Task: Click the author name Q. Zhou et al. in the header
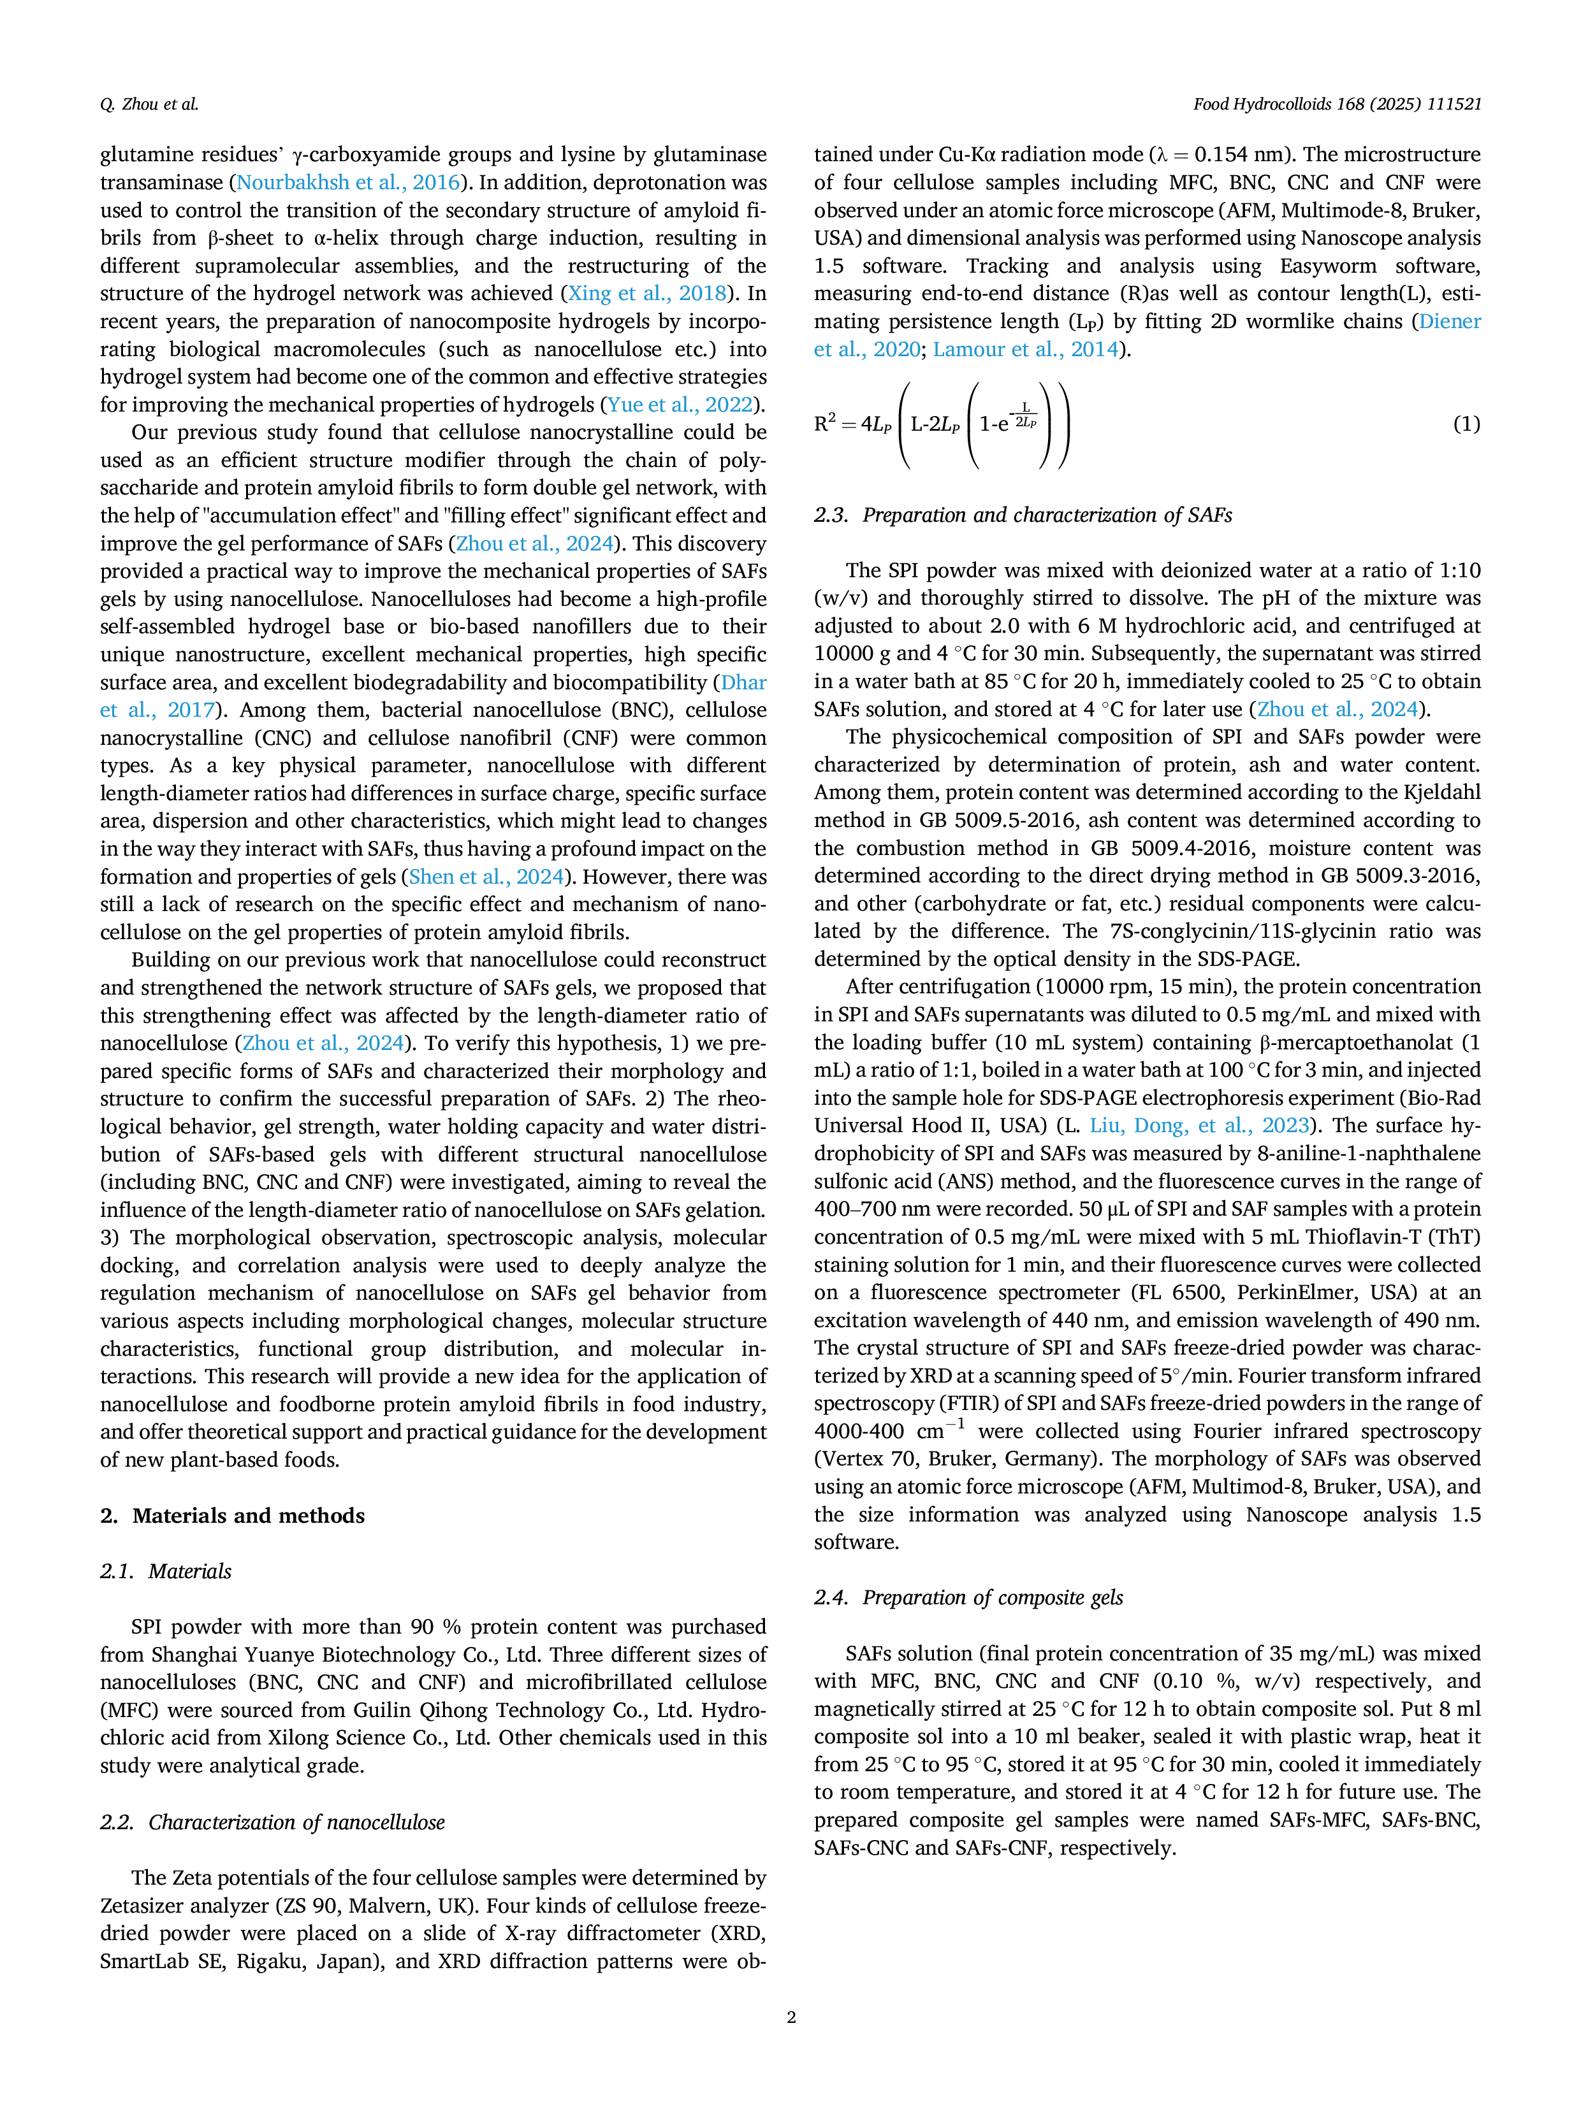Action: point(149,104)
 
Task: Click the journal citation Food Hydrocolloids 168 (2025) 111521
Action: point(1337,104)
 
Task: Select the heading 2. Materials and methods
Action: point(233,1516)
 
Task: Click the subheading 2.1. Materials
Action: point(166,1572)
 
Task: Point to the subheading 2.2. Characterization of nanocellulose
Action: point(273,1822)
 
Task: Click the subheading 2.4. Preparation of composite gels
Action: point(968,1597)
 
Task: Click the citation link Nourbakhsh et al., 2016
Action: point(348,183)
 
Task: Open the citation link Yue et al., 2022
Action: point(680,405)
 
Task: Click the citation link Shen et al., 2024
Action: point(486,877)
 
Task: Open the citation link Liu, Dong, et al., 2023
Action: point(1200,1126)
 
